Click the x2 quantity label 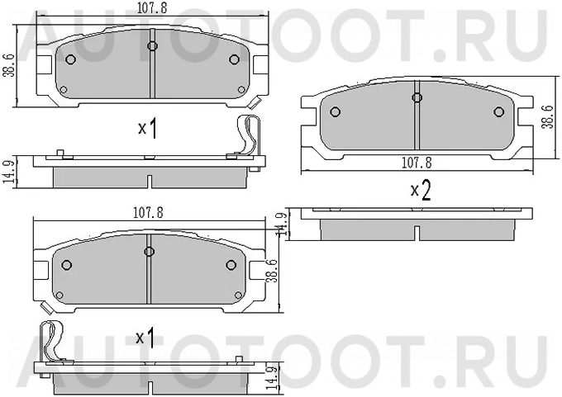point(421,191)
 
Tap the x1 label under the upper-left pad point(148,128)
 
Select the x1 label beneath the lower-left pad point(145,338)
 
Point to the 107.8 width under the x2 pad point(417,163)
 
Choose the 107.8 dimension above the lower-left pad point(148,212)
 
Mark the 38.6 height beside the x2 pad point(546,116)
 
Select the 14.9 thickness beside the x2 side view point(281,224)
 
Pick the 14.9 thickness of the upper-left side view point(7,173)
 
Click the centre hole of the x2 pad point(417,97)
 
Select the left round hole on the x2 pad point(335,113)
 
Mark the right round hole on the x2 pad point(498,113)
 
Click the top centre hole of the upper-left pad point(152,45)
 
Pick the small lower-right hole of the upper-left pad point(241,89)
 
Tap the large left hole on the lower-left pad point(68,266)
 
